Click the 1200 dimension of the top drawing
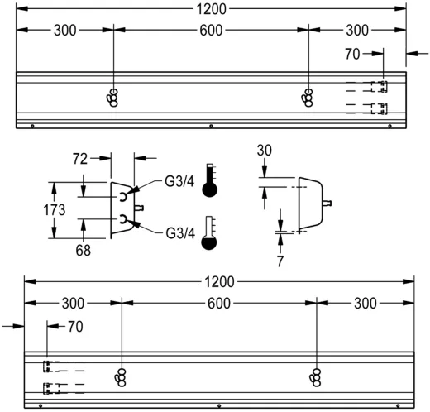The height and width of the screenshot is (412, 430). tap(212, 9)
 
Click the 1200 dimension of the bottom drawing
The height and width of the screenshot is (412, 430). tap(218, 281)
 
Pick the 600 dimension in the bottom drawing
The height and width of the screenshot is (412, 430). tap(218, 303)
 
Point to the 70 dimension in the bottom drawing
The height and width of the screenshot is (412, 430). tap(74, 327)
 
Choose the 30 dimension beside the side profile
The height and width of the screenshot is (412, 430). tap(264, 151)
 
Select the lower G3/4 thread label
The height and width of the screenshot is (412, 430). tap(179, 233)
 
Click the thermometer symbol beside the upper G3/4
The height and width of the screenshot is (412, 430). tap(210, 180)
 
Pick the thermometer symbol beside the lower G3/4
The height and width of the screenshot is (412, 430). tap(210, 234)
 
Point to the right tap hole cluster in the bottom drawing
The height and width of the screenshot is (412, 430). tap(317, 376)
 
